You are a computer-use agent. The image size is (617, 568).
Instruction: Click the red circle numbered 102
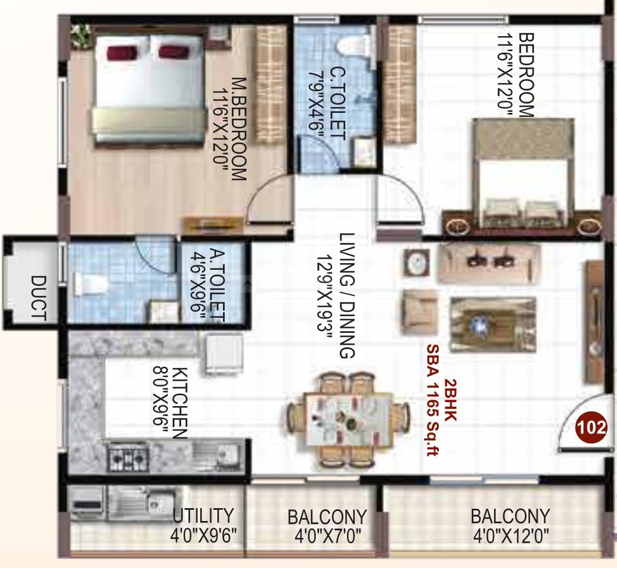(x=591, y=426)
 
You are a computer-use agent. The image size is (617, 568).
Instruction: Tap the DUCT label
(x=39, y=298)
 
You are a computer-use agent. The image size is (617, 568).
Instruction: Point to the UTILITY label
(x=203, y=515)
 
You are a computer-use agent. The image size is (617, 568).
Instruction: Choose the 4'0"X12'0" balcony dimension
(x=510, y=536)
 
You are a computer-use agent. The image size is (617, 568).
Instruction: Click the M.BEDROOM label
(x=239, y=129)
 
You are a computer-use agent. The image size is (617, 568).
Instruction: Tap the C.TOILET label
(x=337, y=104)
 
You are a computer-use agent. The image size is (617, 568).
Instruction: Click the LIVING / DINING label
(x=347, y=296)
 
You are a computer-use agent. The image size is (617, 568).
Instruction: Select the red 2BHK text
(x=450, y=400)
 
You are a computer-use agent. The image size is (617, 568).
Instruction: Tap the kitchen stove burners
(x=127, y=457)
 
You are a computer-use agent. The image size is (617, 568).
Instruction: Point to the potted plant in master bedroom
(x=82, y=36)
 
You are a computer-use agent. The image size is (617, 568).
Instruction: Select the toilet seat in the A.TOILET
(x=91, y=284)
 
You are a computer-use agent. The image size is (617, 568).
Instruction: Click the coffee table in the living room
(x=493, y=324)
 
